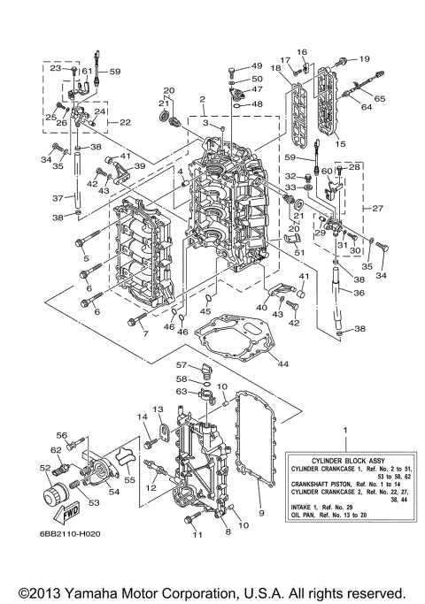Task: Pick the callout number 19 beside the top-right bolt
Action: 363,59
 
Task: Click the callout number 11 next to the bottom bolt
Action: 197,535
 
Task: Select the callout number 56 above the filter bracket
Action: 62,434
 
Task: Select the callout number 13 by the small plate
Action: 159,409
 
